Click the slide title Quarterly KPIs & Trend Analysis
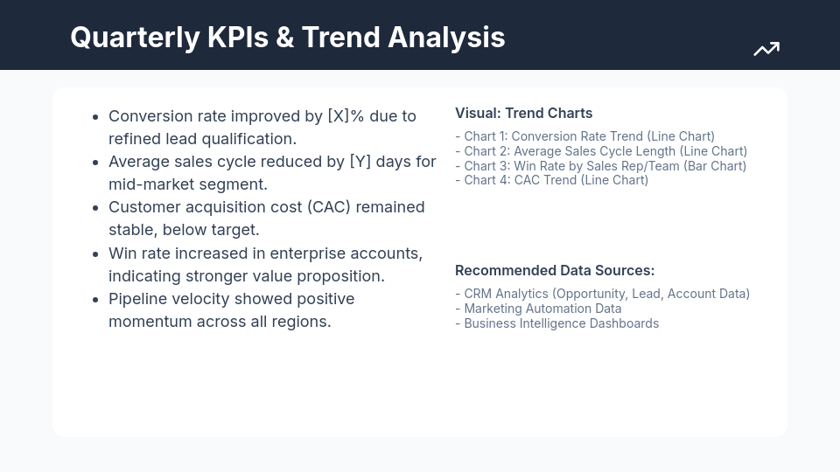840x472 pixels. tap(287, 38)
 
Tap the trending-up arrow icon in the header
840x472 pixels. tap(766, 50)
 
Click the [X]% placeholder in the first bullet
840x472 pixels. tap(346, 116)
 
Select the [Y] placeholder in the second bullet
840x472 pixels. tap(360, 162)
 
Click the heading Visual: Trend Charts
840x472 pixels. tap(523, 114)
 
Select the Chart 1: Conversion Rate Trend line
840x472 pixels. tap(584, 136)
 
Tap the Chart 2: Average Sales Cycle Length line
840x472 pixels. tap(601, 151)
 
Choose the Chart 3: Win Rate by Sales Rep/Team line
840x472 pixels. tap(600, 166)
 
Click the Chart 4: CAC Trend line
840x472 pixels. tap(551, 180)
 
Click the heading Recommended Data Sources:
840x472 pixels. tap(555, 271)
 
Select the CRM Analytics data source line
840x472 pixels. tap(602, 294)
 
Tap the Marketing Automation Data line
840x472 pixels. tap(538, 309)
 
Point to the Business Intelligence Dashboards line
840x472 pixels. tap(556, 323)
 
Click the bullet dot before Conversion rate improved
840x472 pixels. tap(94, 117)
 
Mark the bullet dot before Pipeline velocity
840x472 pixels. tap(94, 300)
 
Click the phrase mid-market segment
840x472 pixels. tap(187, 184)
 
